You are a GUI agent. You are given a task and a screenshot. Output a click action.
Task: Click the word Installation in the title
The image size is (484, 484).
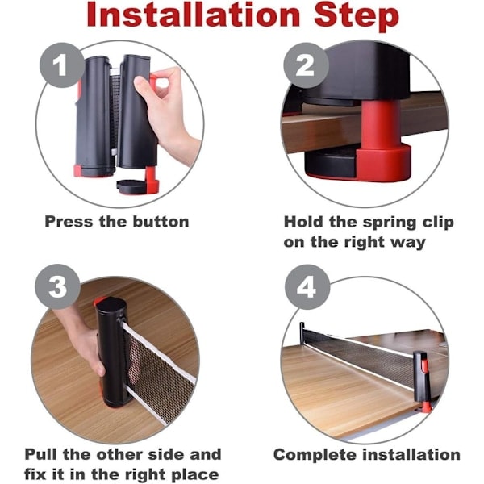pos(194,15)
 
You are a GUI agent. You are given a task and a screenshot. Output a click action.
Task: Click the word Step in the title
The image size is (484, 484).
pos(357,17)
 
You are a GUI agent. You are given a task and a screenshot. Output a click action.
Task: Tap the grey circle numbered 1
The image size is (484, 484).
pos(62,65)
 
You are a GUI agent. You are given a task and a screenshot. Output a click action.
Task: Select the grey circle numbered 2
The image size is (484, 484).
pos(307,65)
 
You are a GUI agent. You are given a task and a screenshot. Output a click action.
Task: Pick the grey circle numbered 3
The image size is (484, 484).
pos(57,286)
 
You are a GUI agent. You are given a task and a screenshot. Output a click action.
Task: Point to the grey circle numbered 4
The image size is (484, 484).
pos(307,287)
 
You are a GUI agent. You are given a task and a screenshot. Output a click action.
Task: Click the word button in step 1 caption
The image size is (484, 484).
pos(161,222)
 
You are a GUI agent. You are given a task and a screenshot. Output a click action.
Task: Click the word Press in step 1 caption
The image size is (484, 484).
pos(69,222)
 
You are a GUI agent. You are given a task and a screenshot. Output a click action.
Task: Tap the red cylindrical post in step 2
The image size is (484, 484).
pos(381,127)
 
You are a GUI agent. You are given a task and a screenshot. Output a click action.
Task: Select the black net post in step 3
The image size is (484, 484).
pos(111,352)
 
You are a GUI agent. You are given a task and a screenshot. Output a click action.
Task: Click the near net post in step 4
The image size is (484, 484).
pos(422,382)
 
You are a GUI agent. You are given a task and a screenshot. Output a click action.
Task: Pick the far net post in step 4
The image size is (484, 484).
pos(302,334)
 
